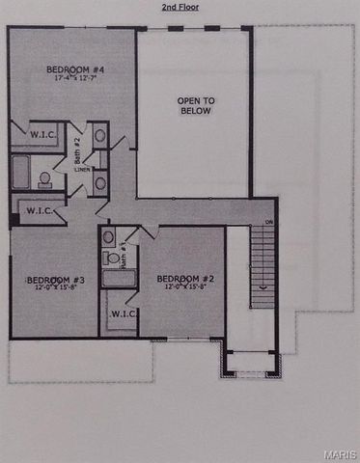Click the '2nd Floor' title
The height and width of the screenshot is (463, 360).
pos(180,7)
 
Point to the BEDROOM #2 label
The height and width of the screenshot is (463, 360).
pos(184,279)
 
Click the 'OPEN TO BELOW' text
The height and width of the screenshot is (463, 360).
pos(194,105)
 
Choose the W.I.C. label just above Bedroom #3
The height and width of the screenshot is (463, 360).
pos(38,209)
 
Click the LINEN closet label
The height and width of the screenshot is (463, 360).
pos(82,169)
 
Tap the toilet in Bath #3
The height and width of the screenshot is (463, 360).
pos(112,258)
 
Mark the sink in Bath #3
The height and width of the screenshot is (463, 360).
pos(108,236)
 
